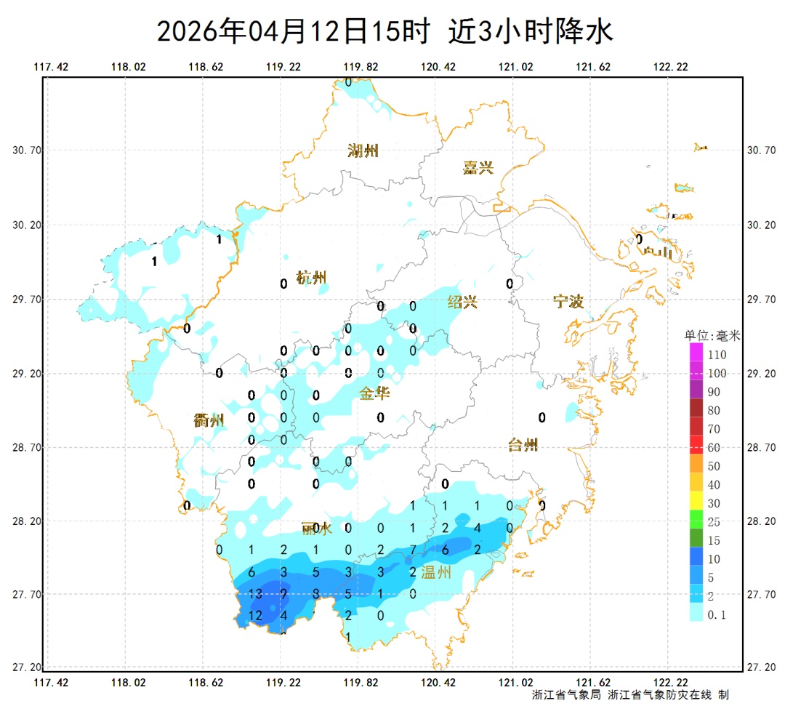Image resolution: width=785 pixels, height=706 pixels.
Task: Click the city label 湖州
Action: click(x=363, y=151)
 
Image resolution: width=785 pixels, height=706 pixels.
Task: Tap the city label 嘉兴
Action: click(x=478, y=168)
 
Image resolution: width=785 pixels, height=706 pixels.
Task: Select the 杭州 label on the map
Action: click(x=312, y=278)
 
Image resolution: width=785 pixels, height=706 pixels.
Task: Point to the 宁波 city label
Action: click(x=568, y=301)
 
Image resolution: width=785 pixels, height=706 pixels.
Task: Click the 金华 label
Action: click(x=374, y=393)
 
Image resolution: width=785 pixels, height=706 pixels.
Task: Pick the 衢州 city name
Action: click(x=209, y=420)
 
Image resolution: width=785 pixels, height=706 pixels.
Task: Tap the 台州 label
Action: click(x=522, y=444)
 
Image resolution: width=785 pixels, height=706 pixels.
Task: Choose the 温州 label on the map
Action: click(x=436, y=572)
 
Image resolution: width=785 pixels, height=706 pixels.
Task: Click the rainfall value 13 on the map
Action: click(x=254, y=594)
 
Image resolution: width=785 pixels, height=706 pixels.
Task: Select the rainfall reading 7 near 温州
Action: click(x=413, y=549)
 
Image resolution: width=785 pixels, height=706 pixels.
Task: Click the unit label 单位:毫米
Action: click(x=712, y=336)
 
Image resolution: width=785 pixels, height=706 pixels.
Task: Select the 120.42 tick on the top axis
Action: click(x=438, y=67)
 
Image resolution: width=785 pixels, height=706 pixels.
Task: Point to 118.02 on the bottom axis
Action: click(x=129, y=683)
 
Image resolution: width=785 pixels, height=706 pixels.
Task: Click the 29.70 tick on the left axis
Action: click(x=27, y=299)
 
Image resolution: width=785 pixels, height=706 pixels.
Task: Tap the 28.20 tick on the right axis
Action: click(x=761, y=521)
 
